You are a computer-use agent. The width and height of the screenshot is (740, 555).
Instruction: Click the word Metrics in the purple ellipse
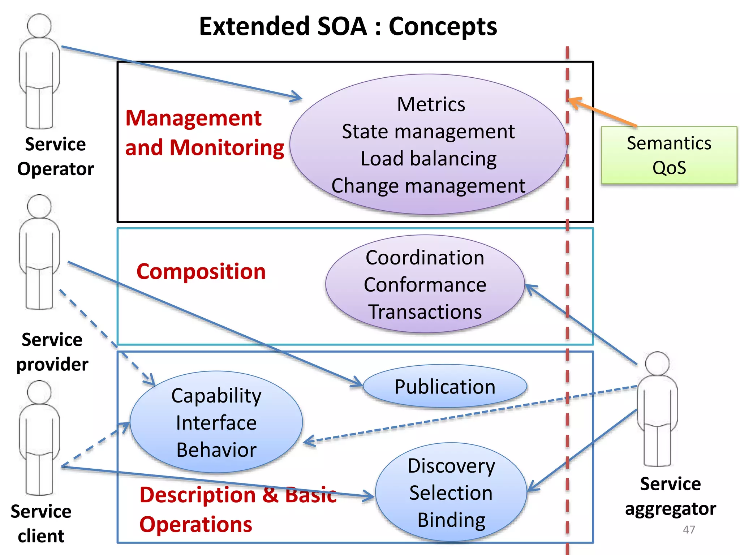click(x=431, y=105)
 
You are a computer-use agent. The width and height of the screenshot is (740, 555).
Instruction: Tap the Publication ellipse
click(x=445, y=387)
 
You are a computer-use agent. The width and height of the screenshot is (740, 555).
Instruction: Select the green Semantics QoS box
click(x=669, y=155)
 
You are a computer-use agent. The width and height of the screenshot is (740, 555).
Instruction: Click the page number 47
click(x=689, y=530)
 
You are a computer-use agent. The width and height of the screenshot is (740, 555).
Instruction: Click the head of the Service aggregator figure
click(x=657, y=363)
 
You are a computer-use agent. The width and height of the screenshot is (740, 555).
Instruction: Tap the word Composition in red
click(x=201, y=272)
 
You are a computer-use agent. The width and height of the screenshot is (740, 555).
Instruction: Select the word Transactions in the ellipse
click(x=425, y=312)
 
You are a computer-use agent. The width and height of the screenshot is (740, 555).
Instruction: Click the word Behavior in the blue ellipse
click(x=216, y=450)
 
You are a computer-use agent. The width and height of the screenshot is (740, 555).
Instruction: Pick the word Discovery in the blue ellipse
click(x=451, y=466)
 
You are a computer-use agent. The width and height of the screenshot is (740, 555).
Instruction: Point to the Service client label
click(x=41, y=524)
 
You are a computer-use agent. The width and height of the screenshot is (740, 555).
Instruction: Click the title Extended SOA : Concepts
click(x=348, y=26)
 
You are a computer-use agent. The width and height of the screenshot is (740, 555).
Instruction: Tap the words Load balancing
click(x=429, y=159)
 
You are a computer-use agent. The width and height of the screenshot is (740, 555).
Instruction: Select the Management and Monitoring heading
click(x=204, y=133)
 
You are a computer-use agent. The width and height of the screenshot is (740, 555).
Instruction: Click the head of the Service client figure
click(x=39, y=392)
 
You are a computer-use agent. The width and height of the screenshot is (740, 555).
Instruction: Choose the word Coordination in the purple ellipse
click(x=425, y=258)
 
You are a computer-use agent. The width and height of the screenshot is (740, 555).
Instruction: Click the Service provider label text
click(x=52, y=352)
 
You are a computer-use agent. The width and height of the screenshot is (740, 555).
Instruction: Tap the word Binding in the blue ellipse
click(x=451, y=520)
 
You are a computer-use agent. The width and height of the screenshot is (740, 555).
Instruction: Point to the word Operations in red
click(x=196, y=525)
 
